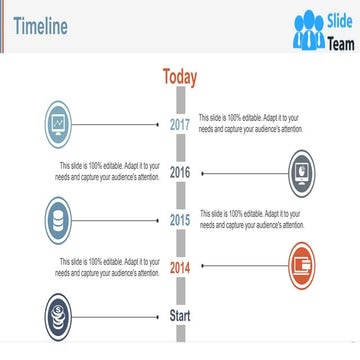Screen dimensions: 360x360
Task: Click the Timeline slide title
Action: (x=41, y=26)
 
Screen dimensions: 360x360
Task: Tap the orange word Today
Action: (x=180, y=77)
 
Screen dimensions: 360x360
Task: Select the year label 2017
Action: (x=180, y=125)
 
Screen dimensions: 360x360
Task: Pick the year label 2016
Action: (x=180, y=172)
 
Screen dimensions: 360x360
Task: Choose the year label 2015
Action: (x=180, y=220)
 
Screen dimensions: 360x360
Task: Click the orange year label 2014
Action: (x=180, y=268)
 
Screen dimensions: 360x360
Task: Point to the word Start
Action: (x=180, y=316)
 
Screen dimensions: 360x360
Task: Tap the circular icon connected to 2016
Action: (x=305, y=172)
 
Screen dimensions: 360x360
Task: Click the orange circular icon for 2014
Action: (x=305, y=267)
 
